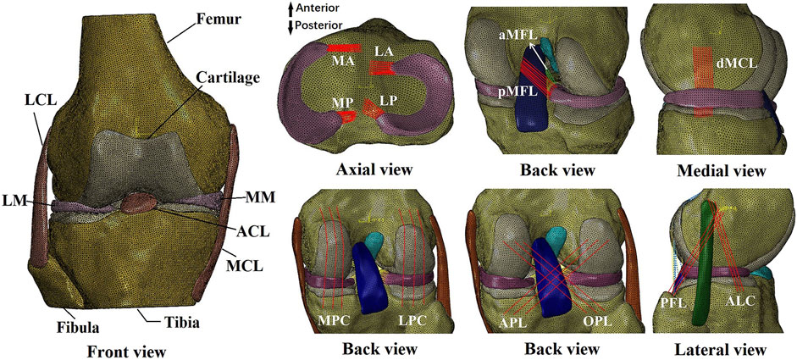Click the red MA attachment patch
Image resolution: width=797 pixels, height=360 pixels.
(344, 47)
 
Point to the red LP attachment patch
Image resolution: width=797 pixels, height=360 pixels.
(371, 108)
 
